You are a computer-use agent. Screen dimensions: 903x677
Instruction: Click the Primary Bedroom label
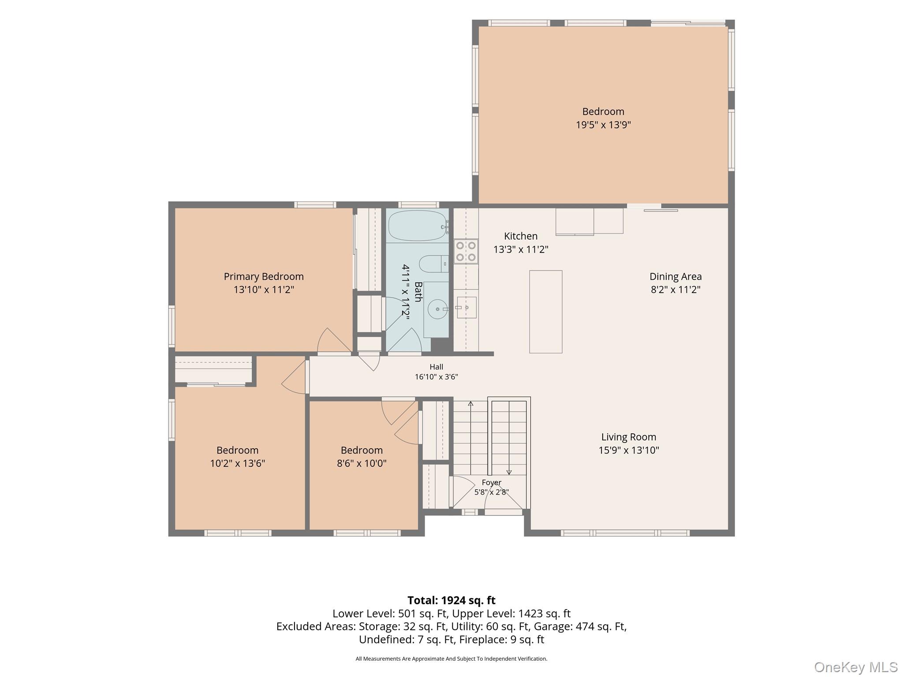click(264, 276)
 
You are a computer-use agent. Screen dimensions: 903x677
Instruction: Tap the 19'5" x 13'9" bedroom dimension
click(603, 125)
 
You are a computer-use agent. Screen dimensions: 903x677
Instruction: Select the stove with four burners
click(466, 251)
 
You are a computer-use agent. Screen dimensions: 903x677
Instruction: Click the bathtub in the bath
click(418, 226)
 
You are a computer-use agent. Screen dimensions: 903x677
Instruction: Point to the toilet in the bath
click(433, 264)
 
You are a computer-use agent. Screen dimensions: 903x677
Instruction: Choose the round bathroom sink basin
click(437, 309)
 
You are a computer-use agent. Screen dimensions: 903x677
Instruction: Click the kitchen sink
click(466, 307)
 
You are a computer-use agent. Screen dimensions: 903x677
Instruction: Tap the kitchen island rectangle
click(546, 312)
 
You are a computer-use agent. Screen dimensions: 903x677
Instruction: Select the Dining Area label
click(675, 276)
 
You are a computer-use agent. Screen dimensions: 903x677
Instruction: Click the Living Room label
click(629, 437)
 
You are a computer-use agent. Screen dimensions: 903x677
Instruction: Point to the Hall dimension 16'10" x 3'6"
click(437, 377)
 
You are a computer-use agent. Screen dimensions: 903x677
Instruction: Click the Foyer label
click(492, 483)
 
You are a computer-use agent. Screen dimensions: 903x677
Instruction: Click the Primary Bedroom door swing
click(334, 340)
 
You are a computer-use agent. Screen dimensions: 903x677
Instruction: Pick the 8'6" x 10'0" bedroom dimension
click(362, 463)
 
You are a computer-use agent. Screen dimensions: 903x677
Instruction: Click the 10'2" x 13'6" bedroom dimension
click(238, 463)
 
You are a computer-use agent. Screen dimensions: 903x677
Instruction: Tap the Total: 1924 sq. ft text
click(451, 600)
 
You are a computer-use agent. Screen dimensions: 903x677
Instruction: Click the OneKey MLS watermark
click(855, 667)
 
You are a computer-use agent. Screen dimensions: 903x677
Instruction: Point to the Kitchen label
click(521, 236)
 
